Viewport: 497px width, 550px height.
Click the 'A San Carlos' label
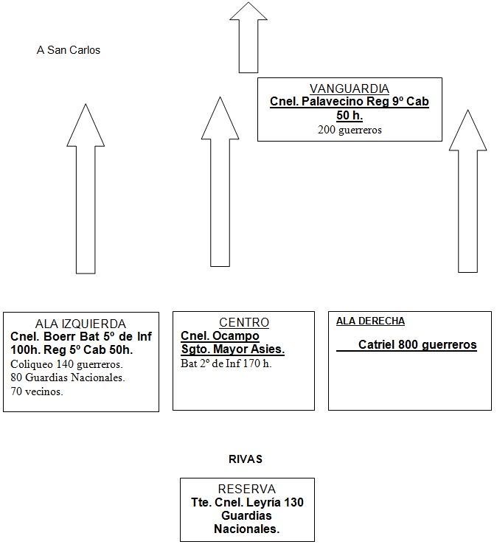pos(69,50)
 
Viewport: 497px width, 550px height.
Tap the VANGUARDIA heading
pos(350,88)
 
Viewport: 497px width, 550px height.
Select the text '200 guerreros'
pos(350,130)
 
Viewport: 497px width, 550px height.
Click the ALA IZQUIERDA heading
pos(80,324)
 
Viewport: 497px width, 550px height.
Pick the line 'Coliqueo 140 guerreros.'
pos(66,364)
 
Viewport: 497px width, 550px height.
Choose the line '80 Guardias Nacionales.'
pos(68,377)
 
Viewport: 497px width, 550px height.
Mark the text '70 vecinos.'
pos(37,391)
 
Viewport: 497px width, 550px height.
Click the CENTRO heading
pos(244,322)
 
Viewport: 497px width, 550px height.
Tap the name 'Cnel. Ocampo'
pos(220,336)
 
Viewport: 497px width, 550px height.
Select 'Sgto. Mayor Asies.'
pos(233,349)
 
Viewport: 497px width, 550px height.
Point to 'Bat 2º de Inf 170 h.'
pos(226,363)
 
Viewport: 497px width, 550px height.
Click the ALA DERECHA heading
pos(370,321)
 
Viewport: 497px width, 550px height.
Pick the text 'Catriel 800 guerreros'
pos(417,345)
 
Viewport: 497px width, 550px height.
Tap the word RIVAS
pos(246,459)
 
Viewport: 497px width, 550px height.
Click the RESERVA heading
pos(247,489)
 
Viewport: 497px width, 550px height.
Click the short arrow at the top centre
pos(248,38)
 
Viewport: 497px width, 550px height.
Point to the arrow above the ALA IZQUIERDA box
pos(86,189)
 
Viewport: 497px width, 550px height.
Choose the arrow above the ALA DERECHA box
pos(468,191)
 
